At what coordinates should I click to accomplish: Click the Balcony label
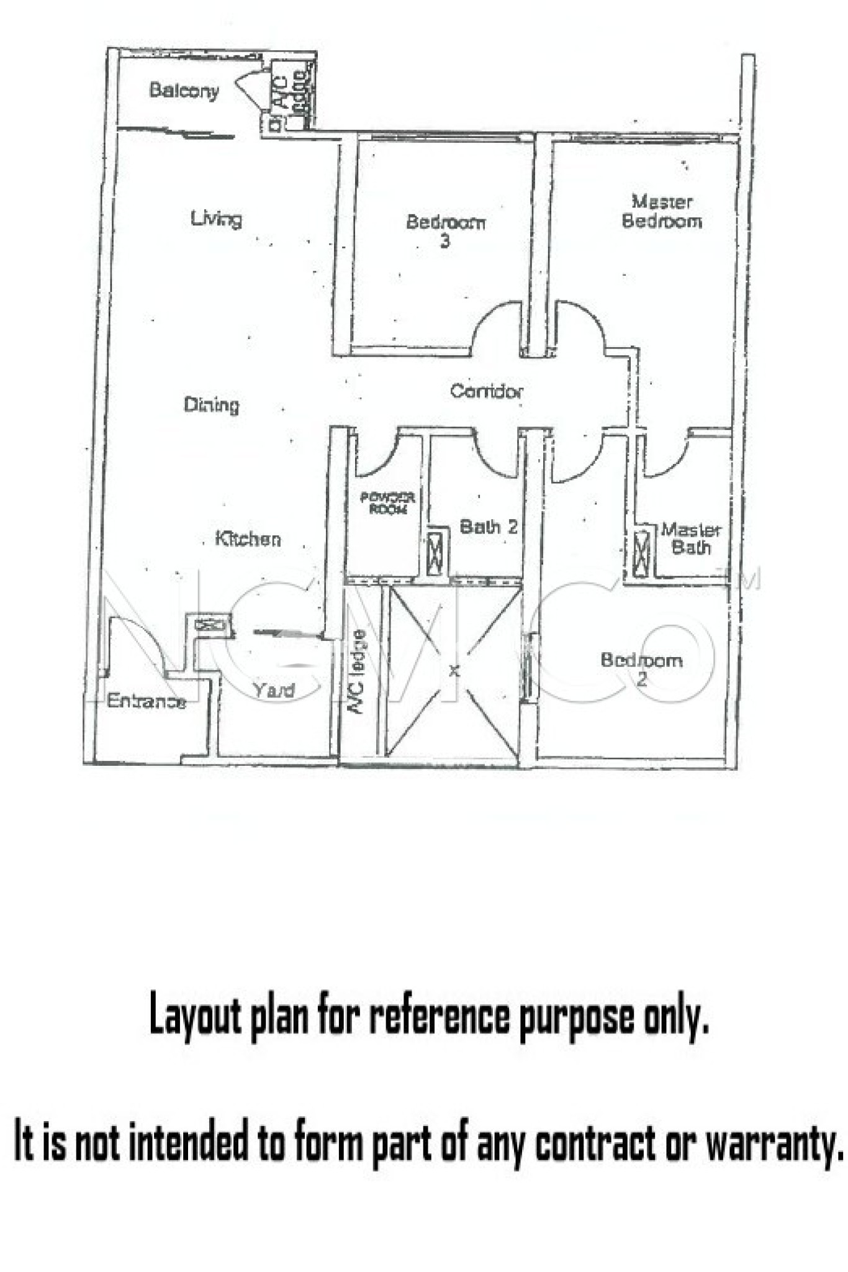click(x=184, y=91)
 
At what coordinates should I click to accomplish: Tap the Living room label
click(x=216, y=219)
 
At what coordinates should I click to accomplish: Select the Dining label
click(x=211, y=405)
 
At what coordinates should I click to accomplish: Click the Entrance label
click(x=147, y=701)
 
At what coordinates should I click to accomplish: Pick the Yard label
click(x=274, y=690)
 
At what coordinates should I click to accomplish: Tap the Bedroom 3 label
click(x=445, y=230)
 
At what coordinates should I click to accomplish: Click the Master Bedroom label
click(x=662, y=212)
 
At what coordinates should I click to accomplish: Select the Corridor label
click(x=486, y=391)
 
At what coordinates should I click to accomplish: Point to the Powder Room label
click(x=387, y=503)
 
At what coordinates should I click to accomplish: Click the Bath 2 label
click(x=488, y=527)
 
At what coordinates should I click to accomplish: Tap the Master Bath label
click(x=690, y=538)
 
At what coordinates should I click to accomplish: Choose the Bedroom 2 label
click(x=641, y=668)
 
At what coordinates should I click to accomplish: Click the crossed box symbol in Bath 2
click(x=438, y=550)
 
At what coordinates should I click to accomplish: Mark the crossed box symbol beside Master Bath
click(x=641, y=550)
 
